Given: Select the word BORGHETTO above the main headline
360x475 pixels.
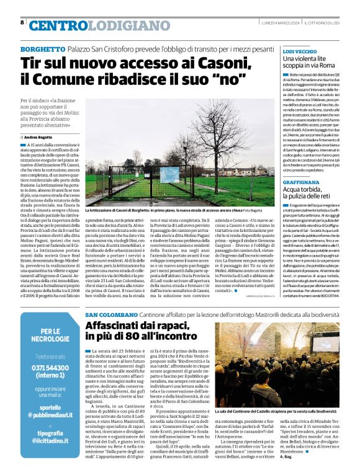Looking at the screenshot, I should tap(43, 49).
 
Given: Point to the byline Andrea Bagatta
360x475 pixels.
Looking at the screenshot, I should tap(42, 136).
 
